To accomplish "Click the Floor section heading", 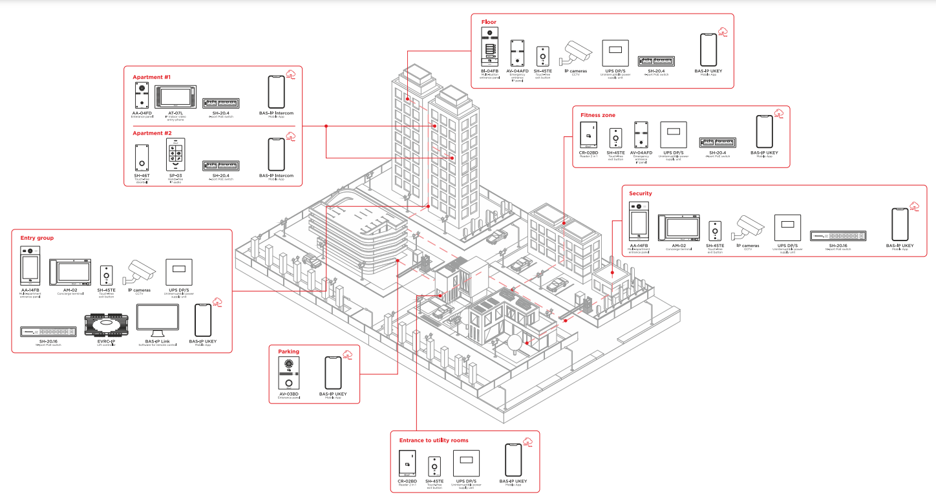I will click(489, 22).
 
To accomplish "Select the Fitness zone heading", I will click(597, 115).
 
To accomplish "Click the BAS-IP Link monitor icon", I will click(157, 319).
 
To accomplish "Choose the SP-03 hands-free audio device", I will click(175, 155).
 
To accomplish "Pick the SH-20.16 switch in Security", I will click(838, 237).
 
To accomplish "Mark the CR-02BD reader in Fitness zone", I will click(588, 135).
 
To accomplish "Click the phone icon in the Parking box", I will click(332, 372).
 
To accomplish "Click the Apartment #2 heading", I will click(152, 133).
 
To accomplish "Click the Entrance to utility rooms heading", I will click(433, 440).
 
